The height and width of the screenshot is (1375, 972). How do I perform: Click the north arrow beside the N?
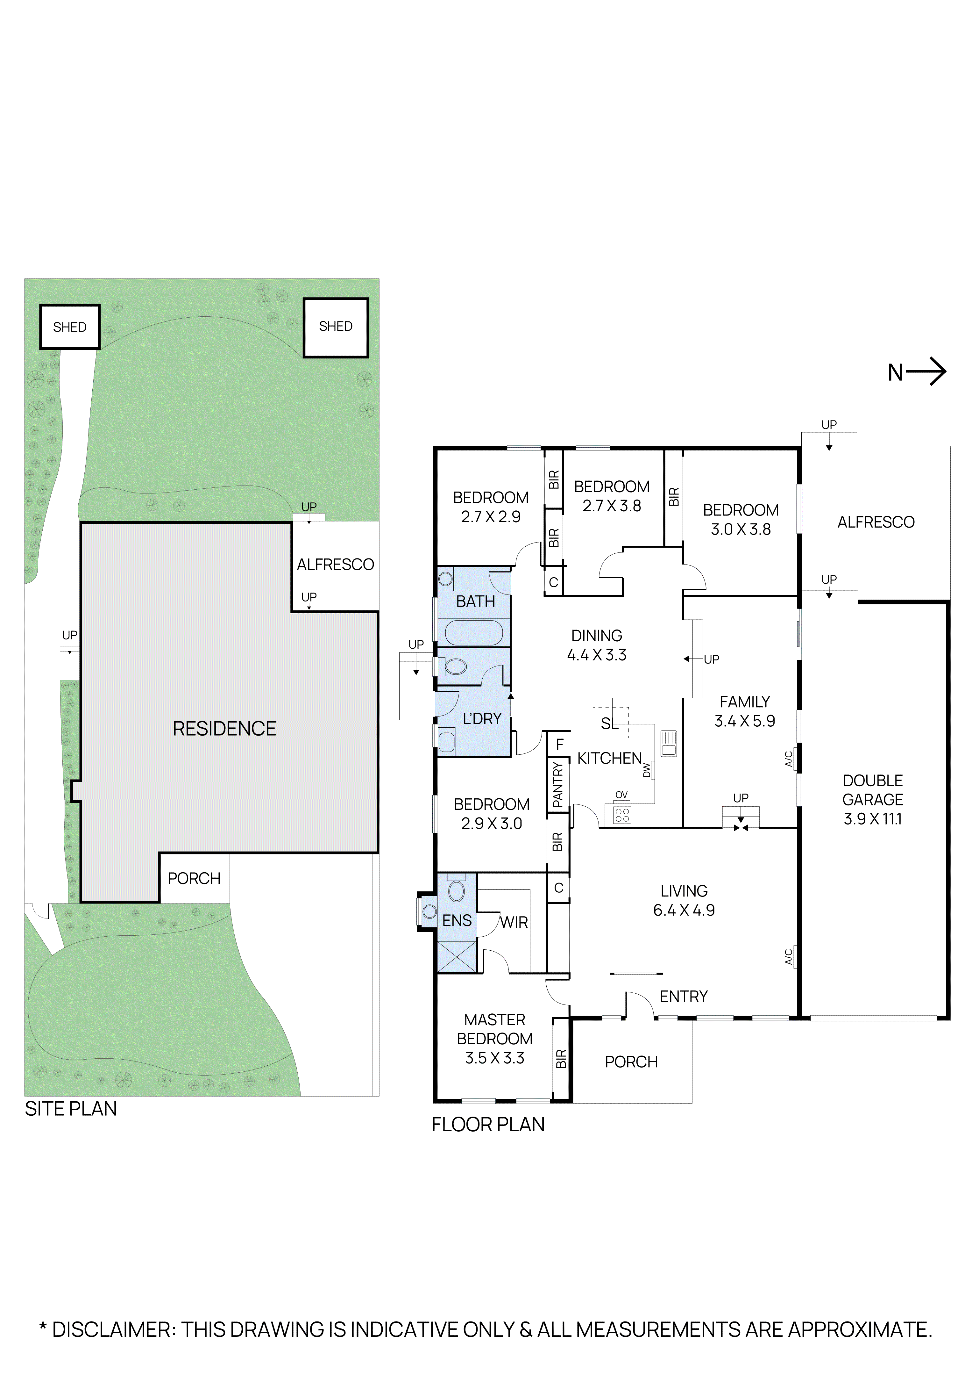pyautogui.click(x=926, y=372)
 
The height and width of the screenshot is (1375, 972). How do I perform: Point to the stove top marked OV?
pyautogui.click(x=622, y=815)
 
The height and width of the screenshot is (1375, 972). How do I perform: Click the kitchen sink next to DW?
pyautogui.click(x=669, y=743)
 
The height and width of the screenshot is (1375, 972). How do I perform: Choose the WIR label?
pyautogui.click(x=514, y=922)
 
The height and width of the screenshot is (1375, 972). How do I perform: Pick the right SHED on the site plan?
pyautogui.click(x=336, y=327)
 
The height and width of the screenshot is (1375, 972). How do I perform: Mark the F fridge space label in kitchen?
pyautogui.click(x=560, y=745)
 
